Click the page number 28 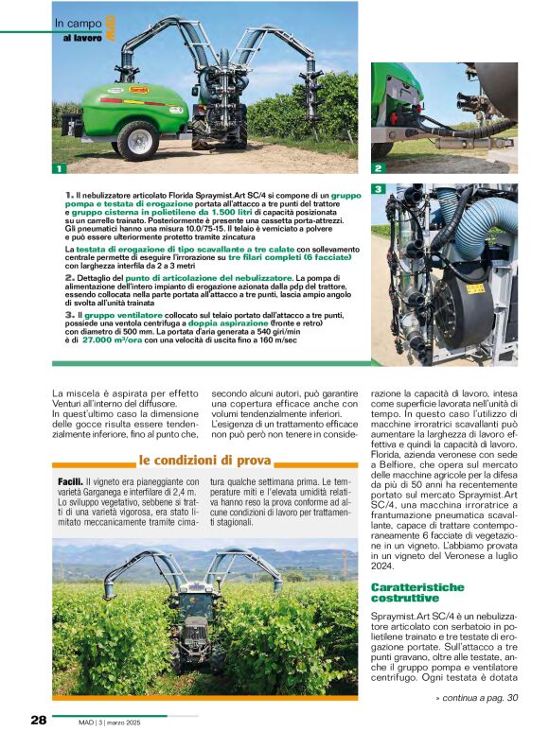pos(38,721)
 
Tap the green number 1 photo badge pos(59,168)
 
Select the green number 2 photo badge pos(377,168)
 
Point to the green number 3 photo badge pos(377,189)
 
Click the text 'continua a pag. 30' pos(477,698)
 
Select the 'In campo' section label pos(73,23)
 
